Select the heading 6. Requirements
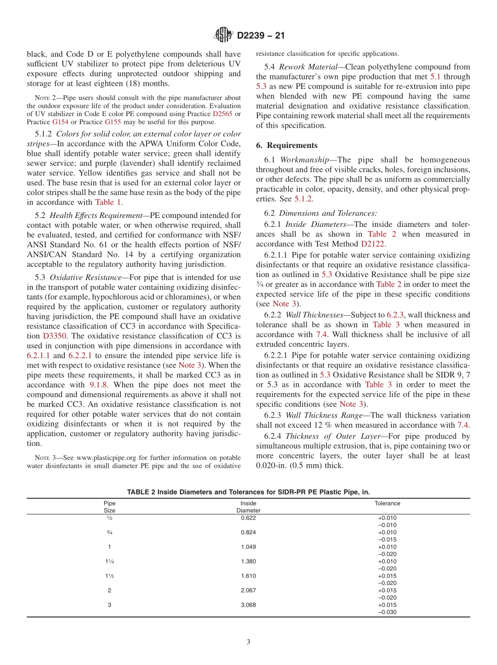click(287, 145)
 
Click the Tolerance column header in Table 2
click(387, 503)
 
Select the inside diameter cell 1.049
click(249, 547)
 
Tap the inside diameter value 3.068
click(249, 605)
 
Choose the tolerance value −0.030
click(387, 612)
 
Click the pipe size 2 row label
click(109, 590)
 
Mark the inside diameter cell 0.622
click(249, 518)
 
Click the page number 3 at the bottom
click(249, 642)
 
